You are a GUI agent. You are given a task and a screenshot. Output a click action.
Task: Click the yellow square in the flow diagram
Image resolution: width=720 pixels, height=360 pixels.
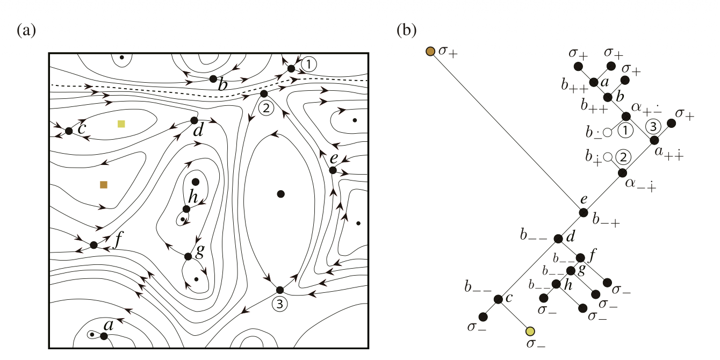(x=121, y=124)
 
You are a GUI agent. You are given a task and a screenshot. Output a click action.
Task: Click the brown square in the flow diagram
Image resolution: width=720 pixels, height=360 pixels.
(x=104, y=184)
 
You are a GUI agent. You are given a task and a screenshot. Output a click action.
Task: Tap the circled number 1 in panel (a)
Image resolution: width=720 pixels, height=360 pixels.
(x=308, y=64)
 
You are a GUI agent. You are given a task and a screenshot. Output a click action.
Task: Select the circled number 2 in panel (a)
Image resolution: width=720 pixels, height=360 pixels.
(x=266, y=109)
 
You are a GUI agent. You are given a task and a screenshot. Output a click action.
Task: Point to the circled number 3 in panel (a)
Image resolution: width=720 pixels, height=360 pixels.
(x=279, y=304)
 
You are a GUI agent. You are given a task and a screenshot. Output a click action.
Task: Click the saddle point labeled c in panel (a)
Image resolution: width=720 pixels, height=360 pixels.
(x=69, y=131)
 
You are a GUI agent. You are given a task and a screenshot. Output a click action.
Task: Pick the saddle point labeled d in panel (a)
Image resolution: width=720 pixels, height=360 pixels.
(x=194, y=120)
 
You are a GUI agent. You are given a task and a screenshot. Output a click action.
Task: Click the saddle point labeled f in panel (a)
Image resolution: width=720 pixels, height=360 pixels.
(x=93, y=245)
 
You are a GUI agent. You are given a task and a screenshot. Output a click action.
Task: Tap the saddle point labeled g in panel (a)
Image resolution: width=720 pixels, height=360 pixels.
(x=188, y=256)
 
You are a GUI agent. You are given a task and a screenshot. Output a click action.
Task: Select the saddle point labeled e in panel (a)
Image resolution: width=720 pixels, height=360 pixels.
(x=333, y=170)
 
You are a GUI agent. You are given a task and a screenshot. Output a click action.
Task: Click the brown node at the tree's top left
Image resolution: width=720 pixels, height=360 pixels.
(x=430, y=51)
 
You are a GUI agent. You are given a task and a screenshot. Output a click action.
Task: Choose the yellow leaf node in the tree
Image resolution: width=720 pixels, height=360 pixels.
(x=530, y=331)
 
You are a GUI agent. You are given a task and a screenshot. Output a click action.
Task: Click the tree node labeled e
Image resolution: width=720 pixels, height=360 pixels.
(x=584, y=212)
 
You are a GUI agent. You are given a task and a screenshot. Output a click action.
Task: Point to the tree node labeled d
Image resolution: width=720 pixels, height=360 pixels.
(x=558, y=239)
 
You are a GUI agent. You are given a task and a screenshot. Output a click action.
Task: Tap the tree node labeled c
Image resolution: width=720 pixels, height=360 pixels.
(x=498, y=299)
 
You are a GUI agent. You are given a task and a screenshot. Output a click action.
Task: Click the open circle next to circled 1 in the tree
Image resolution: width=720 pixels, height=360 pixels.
(x=607, y=132)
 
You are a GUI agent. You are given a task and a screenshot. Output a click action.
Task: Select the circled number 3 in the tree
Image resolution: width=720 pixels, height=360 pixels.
(x=653, y=126)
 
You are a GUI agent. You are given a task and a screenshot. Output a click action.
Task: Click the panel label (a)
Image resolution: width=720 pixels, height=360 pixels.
(x=26, y=31)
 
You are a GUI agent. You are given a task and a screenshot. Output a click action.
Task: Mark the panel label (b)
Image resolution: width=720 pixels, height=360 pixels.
(x=407, y=31)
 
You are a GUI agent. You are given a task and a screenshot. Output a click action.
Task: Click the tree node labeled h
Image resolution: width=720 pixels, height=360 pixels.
(x=556, y=284)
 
